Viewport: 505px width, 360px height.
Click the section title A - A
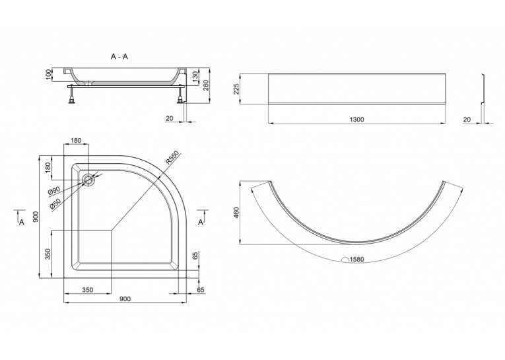(x=119, y=57)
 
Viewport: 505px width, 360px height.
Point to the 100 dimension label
(x=49, y=75)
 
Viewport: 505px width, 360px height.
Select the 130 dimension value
(x=194, y=77)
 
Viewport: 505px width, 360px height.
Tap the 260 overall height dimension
(x=206, y=85)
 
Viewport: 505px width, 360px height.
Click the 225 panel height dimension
(x=237, y=89)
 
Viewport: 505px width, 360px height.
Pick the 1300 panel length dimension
(x=357, y=120)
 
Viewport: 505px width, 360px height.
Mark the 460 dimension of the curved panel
(x=237, y=213)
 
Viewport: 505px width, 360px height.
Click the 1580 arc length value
(x=356, y=260)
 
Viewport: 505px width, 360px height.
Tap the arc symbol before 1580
(x=345, y=260)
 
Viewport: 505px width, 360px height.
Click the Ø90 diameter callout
(x=54, y=191)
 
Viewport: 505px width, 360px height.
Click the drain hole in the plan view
(x=88, y=180)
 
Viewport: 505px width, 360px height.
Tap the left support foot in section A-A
(x=71, y=96)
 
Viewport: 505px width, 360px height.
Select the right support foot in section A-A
(x=180, y=96)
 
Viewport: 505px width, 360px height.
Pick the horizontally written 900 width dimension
(x=125, y=299)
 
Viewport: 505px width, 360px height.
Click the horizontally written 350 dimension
(x=87, y=290)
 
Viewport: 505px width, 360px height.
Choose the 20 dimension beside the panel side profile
(x=467, y=120)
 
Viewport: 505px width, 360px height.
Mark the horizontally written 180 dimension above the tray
(x=76, y=141)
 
